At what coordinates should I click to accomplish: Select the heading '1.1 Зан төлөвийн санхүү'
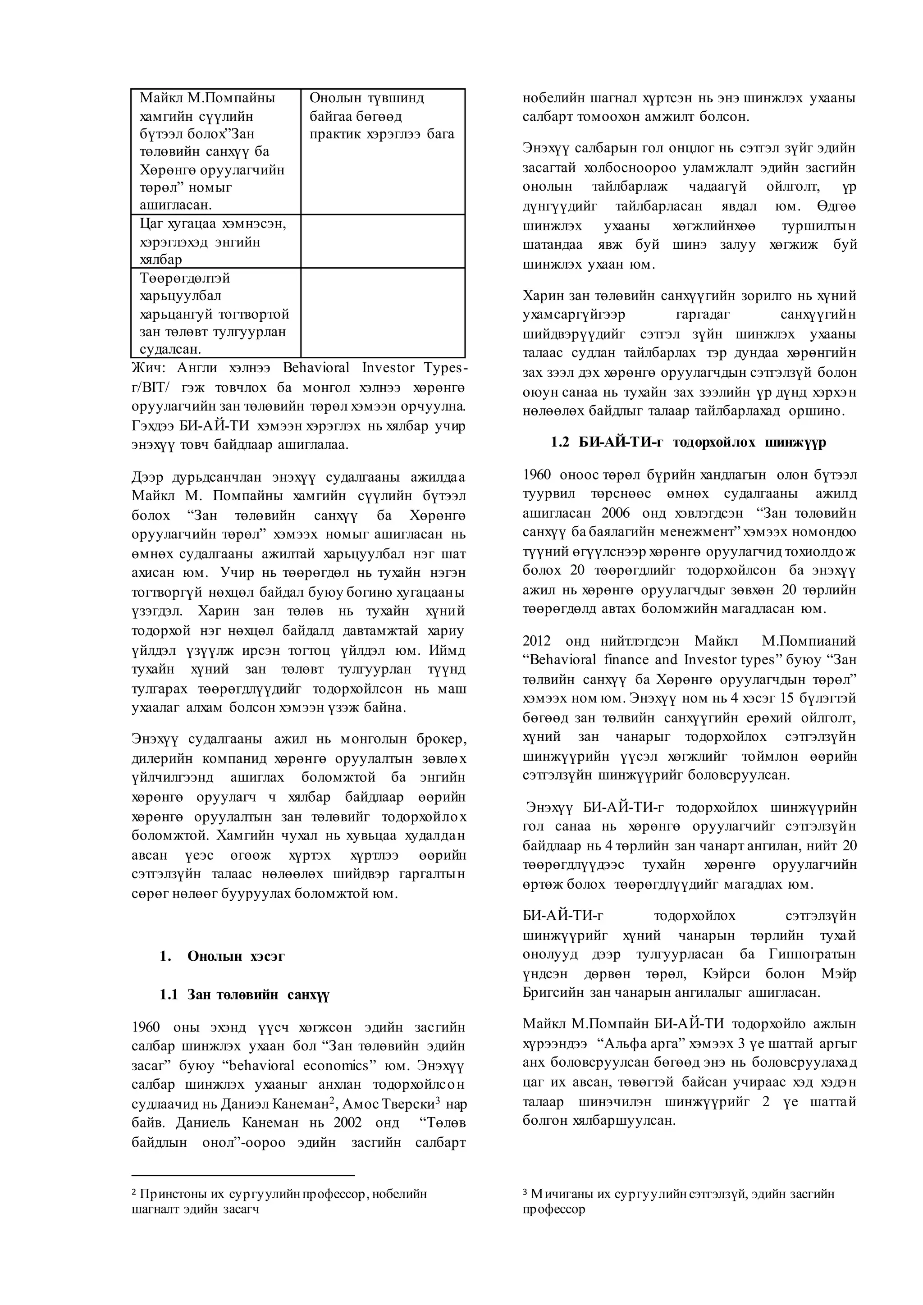[244, 994]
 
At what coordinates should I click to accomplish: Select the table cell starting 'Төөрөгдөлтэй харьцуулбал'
[214, 313]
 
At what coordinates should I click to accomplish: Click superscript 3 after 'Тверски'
[438, 1100]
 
